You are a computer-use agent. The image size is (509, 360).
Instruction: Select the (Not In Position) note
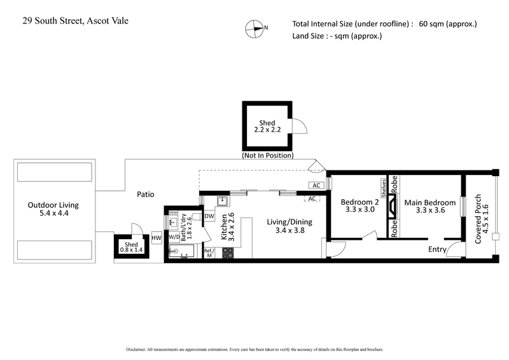point(267,155)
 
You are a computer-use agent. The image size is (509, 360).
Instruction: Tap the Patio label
point(144,194)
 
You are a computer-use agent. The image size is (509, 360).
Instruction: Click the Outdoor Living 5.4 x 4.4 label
point(53,211)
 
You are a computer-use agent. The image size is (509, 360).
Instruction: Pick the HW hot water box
point(157,239)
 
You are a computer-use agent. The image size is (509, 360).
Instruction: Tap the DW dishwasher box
point(209,216)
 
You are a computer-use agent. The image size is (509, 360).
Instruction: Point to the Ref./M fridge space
point(209,253)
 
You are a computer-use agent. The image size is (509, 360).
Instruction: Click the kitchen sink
point(222,202)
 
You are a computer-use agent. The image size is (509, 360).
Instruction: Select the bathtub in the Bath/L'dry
point(183,253)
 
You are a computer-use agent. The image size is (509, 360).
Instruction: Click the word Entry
point(436,249)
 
